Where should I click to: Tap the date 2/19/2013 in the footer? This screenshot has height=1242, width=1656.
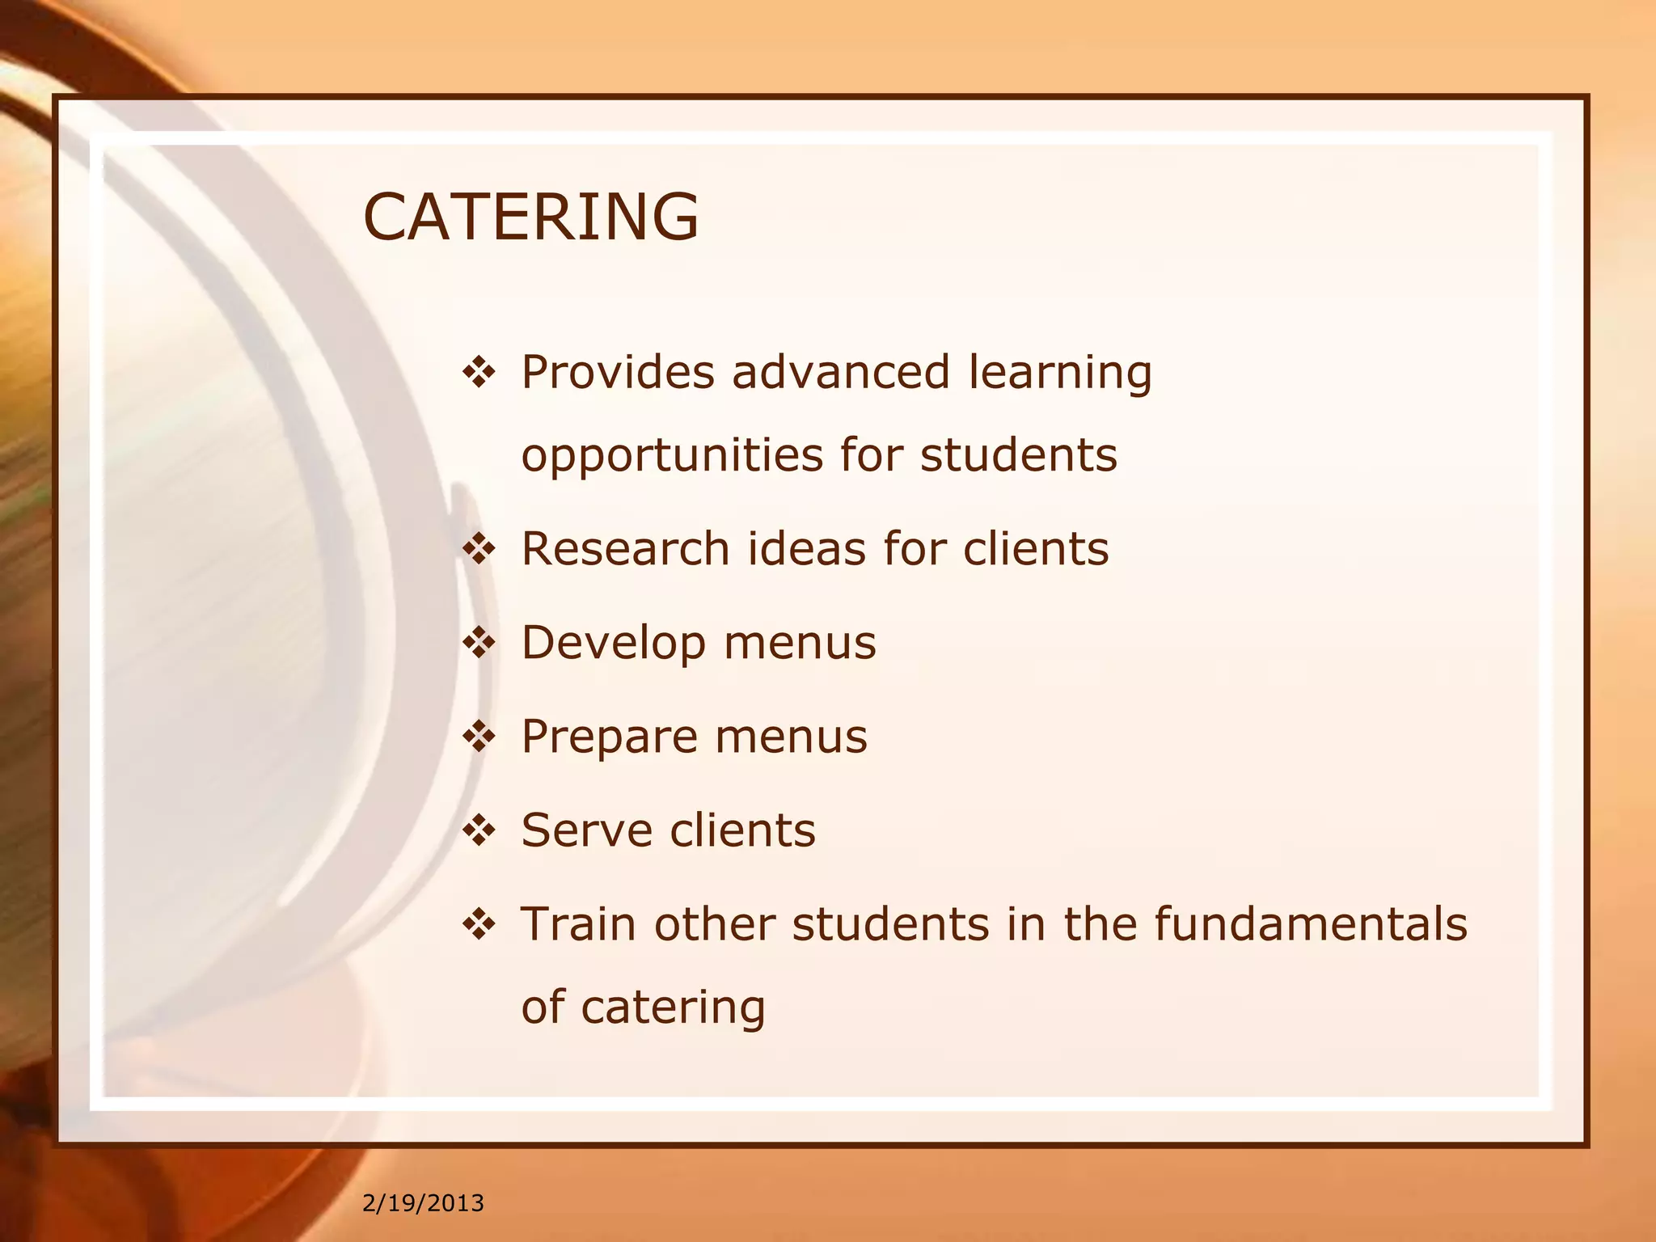click(423, 1203)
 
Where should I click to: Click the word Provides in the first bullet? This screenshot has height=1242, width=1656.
click(618, 372)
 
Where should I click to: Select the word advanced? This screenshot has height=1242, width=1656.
click(841, 372)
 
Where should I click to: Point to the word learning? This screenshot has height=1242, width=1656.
click(1060, 374)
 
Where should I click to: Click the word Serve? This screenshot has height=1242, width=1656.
click(587, 830)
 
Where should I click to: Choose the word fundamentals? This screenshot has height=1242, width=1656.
click(1310, 923)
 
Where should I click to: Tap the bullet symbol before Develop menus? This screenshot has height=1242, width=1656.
click(479, 644)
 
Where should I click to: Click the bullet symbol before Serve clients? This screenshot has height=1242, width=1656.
click(479, 830)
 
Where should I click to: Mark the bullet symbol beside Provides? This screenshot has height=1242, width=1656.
click(479, 374)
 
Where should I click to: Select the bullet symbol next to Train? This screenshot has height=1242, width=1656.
click(479, 924)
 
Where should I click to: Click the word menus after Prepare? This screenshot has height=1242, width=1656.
click(791, 737)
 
